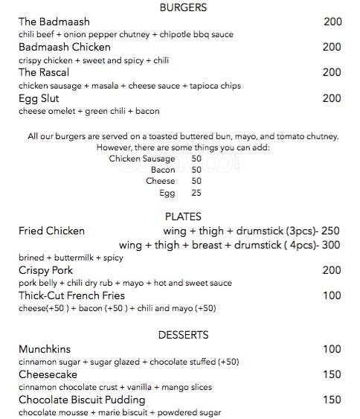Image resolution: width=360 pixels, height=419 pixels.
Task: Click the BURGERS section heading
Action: pyautogui.click(x=183, y=7)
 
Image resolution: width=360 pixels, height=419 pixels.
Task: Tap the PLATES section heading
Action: pyautogui.click(x=182, y=217)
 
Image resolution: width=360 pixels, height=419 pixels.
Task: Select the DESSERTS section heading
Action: pyautogui.click(x=182, y=335)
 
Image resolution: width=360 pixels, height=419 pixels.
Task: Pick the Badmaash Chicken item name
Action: pyautogui.click(x=65, y=47)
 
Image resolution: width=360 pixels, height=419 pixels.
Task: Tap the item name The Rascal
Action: pyautogui.click(x=44, y=72)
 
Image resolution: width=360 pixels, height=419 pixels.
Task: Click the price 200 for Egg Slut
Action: pyautogui.click(x=332, y=97)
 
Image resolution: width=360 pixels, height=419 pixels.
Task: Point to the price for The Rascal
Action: pyautogui.click(x=332, y=72)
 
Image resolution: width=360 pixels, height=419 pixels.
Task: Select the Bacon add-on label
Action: pyautogui.click(x=163, y=170)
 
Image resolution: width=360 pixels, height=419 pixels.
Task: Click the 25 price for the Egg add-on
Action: pyautogui.click(x=196, y=193)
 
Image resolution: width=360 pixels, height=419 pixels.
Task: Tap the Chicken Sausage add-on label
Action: pyautogui.click(x=142, y=159)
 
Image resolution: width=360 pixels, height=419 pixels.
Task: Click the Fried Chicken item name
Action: pyautogui.click(x=51, y=231)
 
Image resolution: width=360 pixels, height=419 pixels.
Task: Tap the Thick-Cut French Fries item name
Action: pyautogui.click(x=71, y=295)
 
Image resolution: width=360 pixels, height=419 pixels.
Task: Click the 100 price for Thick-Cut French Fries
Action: pyautogui.click(x=332, y=295)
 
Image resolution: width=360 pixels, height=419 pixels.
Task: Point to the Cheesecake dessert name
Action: pyautogui.click(x=48, y=374)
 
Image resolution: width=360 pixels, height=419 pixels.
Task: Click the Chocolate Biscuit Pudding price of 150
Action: pyautogui.click(x=332, y=400)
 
